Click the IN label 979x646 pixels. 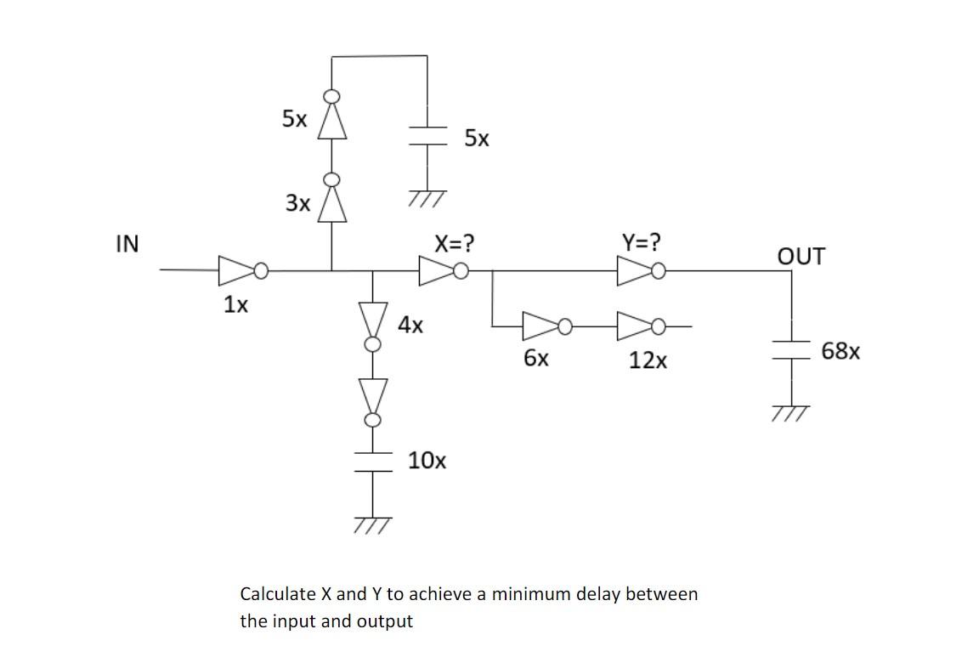click(127, 244)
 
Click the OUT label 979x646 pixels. click(800, 256)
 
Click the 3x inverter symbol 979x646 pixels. click(332, 202)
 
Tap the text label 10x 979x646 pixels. click(427, 461)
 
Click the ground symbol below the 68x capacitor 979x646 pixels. click(792, 413)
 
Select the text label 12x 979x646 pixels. click(648, 361)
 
